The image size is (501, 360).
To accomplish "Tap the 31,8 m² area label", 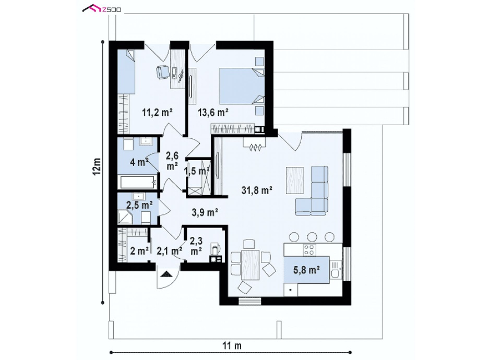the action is pos(257,190).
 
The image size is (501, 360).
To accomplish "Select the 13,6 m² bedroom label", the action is pos(213,112).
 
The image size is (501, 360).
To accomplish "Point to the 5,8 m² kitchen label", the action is pos(307,270).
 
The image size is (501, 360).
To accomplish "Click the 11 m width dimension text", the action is pos(232,345).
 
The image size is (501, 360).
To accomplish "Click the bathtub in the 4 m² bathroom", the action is pos(138,183).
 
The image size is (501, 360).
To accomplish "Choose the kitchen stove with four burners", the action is pos(309,249).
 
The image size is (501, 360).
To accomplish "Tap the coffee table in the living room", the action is pos(294,180).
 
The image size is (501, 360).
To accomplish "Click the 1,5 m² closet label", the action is pos(197,171).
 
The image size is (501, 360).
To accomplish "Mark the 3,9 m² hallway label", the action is pos(205,212).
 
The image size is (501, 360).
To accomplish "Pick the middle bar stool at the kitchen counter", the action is pos(312,237).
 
